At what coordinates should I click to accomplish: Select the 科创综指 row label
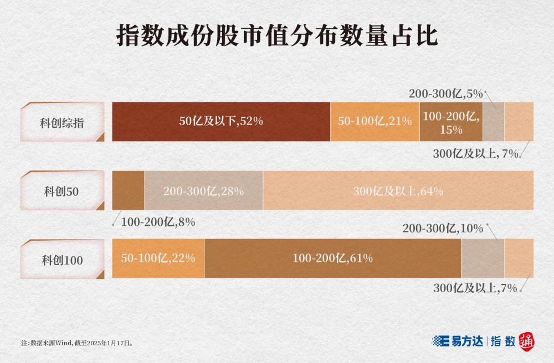[62, 122]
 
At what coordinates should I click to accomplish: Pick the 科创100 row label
[62, 260]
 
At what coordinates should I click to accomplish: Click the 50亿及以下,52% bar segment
[220, 122]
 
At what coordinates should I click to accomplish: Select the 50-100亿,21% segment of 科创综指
[375, 122]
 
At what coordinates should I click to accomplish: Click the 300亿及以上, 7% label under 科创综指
[476, 154]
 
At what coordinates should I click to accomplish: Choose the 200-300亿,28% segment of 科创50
[203, 191]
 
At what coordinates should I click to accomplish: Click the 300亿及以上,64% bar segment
[398, 191]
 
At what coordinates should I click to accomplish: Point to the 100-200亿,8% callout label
[158, 222]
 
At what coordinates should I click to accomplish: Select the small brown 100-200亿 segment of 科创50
[128, 190]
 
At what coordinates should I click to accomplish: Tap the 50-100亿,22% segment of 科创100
[158, 258]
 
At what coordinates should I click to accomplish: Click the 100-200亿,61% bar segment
[332, 258]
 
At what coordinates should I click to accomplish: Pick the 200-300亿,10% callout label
[443, 228]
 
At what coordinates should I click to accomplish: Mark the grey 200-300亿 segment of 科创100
[482, 258]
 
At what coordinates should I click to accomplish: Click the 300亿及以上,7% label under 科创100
[475, 288]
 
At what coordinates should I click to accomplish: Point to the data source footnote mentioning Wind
[77, 343]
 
